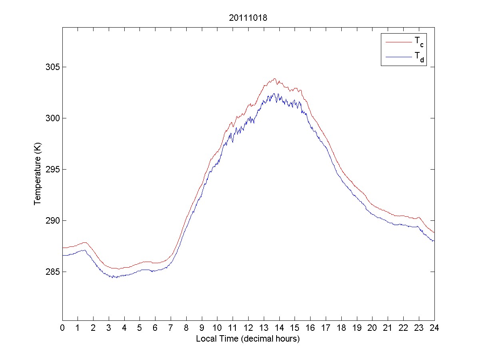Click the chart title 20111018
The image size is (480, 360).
tap(248, 18)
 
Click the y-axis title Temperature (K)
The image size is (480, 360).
tap(37, 175)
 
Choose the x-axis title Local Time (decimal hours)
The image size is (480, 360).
tap(248, 339)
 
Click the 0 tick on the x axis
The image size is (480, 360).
tap(62, 328)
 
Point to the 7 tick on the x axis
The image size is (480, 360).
tap(171, 328)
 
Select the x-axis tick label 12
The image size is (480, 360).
tap(248, 328)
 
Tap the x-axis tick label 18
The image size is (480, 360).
tap(341, 328)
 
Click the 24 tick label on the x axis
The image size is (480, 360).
tap(434, 328)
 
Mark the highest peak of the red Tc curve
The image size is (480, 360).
tap(275, 79)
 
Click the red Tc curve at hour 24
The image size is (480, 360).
tap(434, 232)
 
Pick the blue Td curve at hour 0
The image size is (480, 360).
tap(63, 255)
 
